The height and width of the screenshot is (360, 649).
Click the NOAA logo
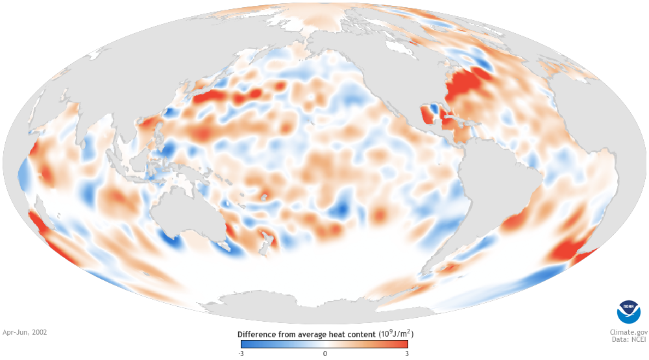pyautogui.click(x=628, y=312)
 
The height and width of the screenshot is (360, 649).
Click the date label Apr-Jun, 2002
pyautogui.click(x=25, y=331)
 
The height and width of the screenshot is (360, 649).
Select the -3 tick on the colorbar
pyautogui.click(x=241, y=354)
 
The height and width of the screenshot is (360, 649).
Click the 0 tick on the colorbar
pyautogui.click(x=324, y=354)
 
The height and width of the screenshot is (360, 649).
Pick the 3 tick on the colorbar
pyautogui.click(x=406, y=354)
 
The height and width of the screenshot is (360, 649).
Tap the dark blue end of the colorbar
pyautogui.click(x=244, y=344)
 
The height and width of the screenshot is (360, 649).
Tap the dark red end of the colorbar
pyautogui.click(x=404, y=344)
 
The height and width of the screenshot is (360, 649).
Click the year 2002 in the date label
pyautogui.click(x=38, y=331)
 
